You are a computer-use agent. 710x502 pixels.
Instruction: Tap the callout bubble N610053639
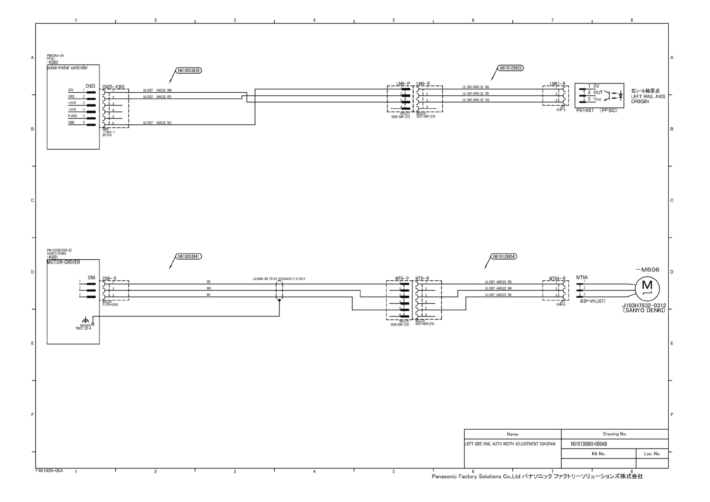[x=188, y=70]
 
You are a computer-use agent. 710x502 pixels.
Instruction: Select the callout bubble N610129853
[x=510, y=68]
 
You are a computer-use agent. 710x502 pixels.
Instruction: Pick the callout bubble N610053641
[x=188, y=256]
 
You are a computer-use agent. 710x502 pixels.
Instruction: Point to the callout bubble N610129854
[x=504, y=256]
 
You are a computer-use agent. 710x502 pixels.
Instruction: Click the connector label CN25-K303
[x=113, y=87]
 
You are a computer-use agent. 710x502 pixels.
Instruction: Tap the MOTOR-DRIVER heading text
[x=63, y=262]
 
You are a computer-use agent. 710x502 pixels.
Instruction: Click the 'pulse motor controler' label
[x=67, y=67]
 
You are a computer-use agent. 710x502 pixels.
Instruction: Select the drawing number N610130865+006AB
[x=589, y=444]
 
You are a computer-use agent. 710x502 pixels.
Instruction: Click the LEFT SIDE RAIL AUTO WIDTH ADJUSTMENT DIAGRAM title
[x=510, y=444]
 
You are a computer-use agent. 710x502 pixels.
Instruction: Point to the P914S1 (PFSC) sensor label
[x=597, y=110]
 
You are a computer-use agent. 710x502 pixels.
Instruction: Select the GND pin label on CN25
[x=71, y=123]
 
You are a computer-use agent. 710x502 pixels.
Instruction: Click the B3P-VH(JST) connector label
[x=592, y=301]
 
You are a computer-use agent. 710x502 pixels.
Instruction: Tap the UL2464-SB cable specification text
[x=279, y=279]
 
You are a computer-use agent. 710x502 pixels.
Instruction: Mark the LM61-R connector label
[x=557, y=84]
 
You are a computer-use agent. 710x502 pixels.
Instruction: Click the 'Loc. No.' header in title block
[x=652, y=454]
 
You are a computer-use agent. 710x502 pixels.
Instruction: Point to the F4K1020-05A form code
[x=49, y=470]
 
